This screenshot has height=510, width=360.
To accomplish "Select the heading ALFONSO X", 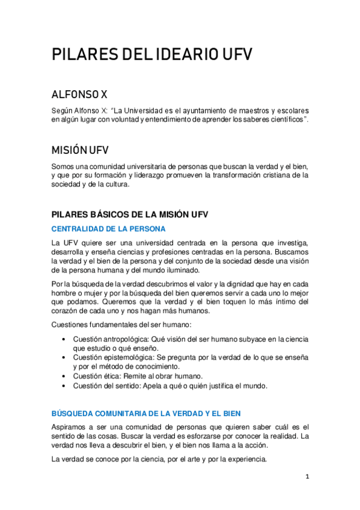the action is point(79,94).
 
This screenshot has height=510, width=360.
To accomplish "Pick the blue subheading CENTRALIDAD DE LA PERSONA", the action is point(108,229).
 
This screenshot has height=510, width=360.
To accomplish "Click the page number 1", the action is point(307,477).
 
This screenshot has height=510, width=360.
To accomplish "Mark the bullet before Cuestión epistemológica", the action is point(64,357).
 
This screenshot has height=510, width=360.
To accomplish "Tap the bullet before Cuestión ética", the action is point(64,375).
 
